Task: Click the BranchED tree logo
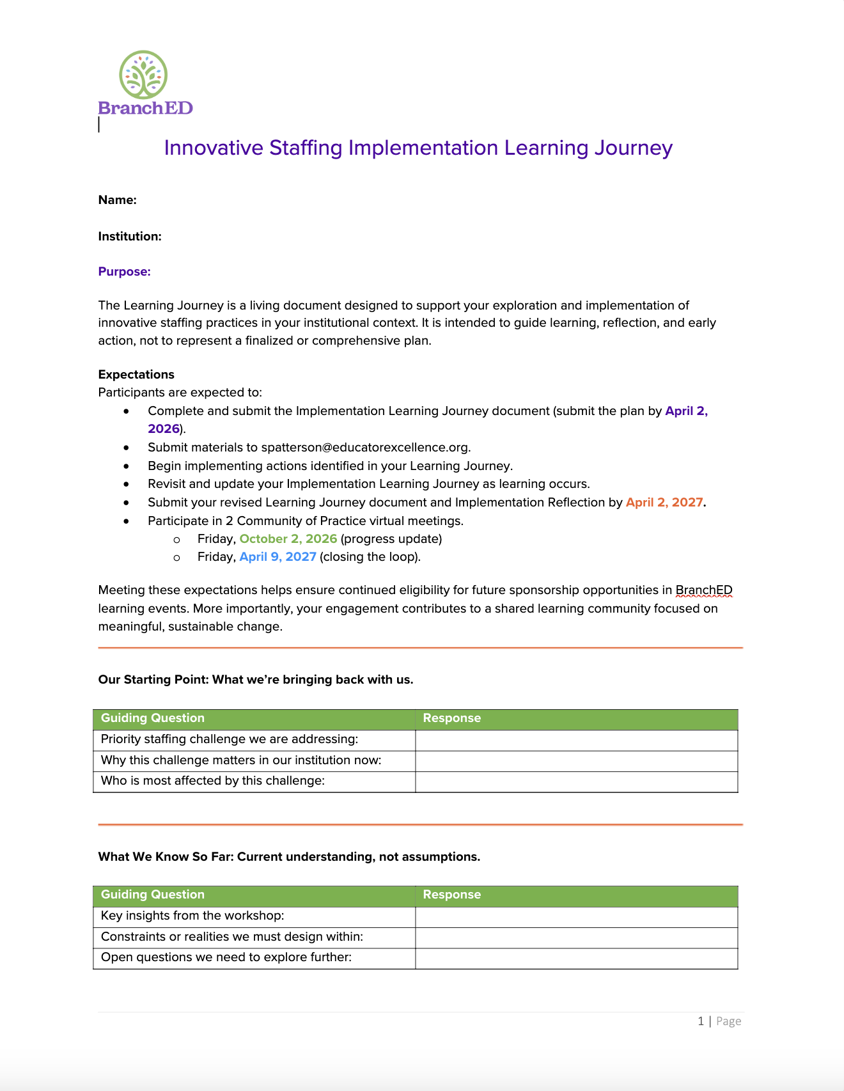pos(144,76)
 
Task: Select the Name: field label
pos(118,200)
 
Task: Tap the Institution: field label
pos(130,237)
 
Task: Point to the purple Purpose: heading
pos(125,272)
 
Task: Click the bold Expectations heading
pos(136,375)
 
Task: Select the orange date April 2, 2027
pos(664,503)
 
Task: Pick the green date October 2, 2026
pos(288,539)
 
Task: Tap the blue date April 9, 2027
pos(277,557)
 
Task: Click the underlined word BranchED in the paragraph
pos(703,590)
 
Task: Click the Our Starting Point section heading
pos(256,680)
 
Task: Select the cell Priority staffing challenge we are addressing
pos(230,739)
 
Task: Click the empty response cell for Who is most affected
pos(576,781)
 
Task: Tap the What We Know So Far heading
pos(289,857)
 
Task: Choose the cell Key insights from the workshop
pos(192,916)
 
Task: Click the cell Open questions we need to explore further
pos(226,957)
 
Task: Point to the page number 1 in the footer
pos(701,1021)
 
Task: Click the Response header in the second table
pos(451,895)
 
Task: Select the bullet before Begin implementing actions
pos(127,466)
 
